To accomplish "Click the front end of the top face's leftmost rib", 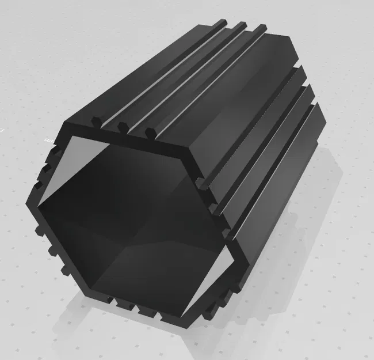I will click(x=94, y=122).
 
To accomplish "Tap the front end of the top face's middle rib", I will click(x=122, y=126).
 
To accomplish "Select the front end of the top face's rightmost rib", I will click(x=151, y=132).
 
